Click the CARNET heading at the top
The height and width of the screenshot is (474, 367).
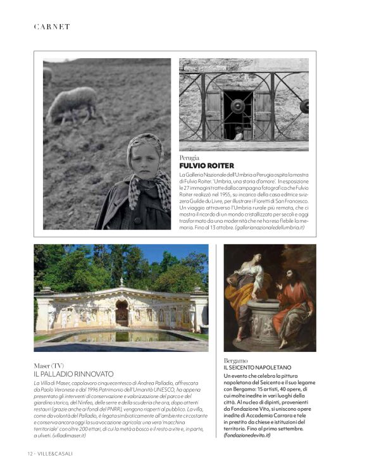point(51,27)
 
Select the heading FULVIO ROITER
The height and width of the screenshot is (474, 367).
point(207,165)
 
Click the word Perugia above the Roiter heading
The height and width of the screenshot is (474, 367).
point(189,157)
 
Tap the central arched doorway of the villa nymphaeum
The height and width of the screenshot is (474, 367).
point(121,313)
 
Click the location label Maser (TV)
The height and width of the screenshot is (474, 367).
point(49,366)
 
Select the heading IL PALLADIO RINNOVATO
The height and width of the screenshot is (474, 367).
point(74,375)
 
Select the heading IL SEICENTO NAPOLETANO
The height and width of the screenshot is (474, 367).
point(258,368)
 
